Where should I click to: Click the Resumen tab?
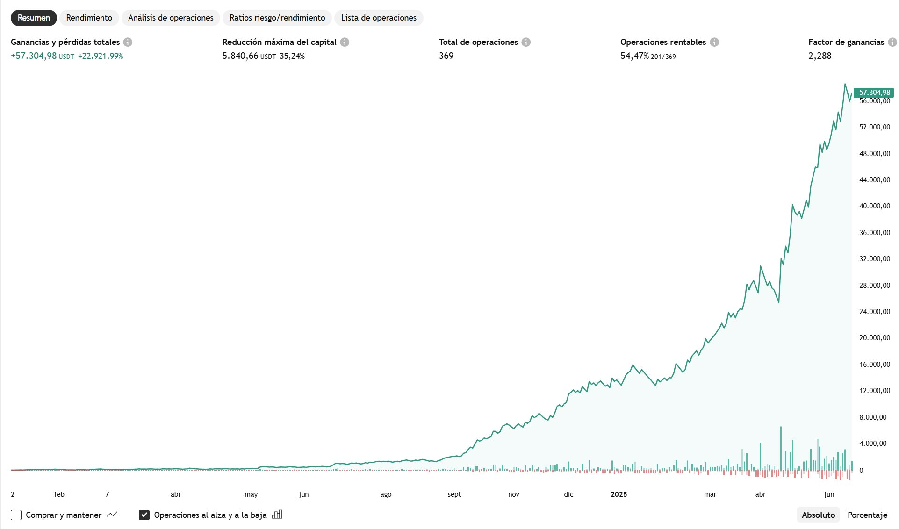(34, 18)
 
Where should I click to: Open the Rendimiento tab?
(89, 18)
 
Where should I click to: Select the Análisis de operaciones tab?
(171, 18)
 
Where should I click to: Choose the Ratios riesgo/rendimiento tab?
(277, 18)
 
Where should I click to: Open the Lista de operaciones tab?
(379, 18)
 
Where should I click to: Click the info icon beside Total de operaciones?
(526, 42)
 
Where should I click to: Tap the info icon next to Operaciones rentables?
(714, 42)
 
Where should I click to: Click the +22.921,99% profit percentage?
(101, 56)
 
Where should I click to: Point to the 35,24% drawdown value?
(292, 56)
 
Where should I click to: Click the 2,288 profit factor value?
(820, 56)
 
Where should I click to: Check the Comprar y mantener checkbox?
(16, 515)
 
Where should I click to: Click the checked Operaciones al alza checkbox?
(144, 515)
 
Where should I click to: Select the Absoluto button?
(818, 515)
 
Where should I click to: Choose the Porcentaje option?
(867, 515)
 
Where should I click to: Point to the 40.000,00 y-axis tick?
(874, 206)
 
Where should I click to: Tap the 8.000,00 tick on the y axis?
(872, 417)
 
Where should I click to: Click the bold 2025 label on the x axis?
(619, 494)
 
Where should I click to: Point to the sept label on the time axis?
(454, 494)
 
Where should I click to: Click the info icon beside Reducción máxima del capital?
(345, 42)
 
